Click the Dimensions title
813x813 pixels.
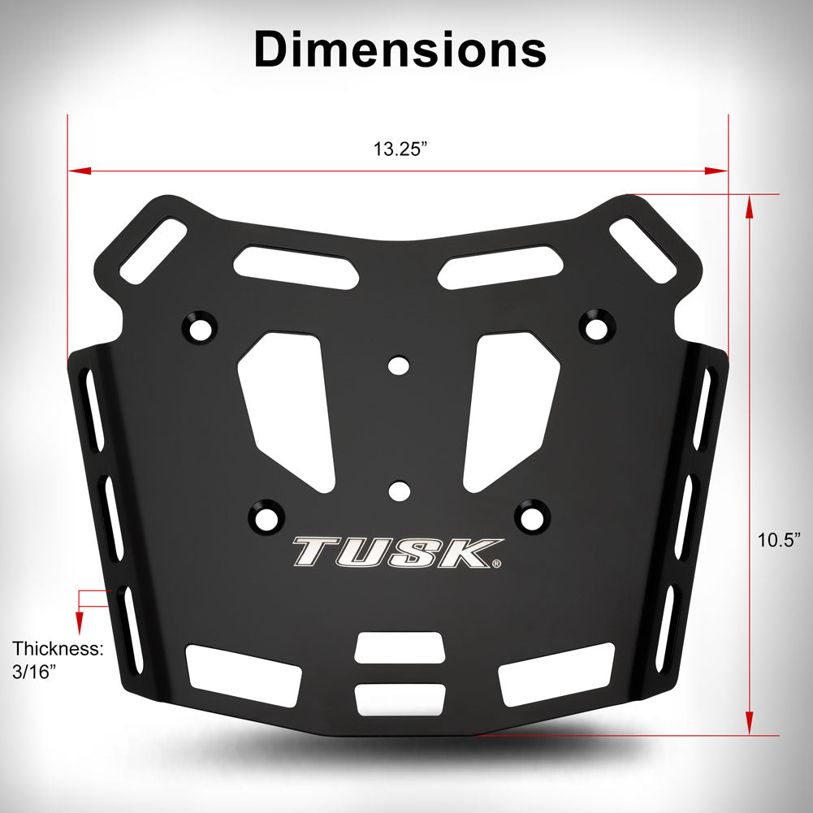[x=400, y=50]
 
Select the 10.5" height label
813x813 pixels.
[x=780, y=539]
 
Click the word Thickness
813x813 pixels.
[x=58, y=649]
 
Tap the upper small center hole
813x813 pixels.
[x=398, y=365]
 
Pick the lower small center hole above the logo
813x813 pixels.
[x=398, y=490]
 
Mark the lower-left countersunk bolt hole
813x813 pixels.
[x=265, y=515]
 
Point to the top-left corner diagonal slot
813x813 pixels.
[x=154, y=251]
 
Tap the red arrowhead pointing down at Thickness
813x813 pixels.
[x=79, y=624]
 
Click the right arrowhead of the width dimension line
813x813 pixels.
[x=716, y=171]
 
